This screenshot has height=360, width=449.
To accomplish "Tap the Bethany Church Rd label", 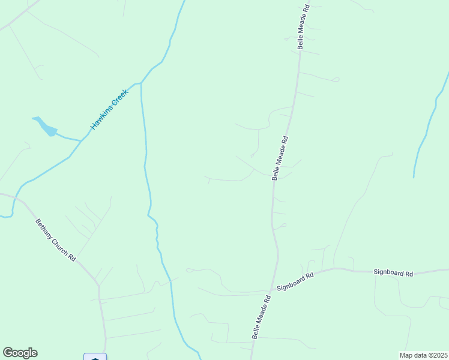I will point(55,239).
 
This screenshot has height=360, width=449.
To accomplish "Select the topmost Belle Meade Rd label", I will point(303,27).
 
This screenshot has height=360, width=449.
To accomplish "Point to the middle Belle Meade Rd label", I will point(280,157).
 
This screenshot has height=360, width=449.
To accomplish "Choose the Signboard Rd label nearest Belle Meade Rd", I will point(295,282).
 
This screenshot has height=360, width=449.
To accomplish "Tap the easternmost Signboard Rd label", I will point(393,274).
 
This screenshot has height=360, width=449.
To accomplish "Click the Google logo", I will point(20,353).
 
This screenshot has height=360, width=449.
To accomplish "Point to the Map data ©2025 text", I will point(423,355).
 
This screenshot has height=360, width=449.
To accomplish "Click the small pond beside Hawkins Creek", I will point(46,127).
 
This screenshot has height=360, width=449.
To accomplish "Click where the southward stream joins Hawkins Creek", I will point(140,83).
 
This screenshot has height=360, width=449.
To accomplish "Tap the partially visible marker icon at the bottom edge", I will point(95,357).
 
